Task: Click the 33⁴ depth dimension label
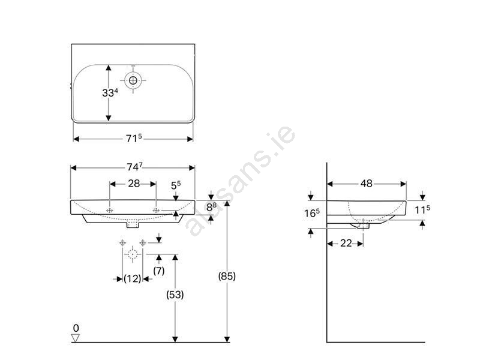point(110,92)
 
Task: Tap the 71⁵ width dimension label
point(134,139)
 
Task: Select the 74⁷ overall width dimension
point(134,167)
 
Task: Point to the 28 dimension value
point(134,184)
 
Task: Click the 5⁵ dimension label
point(176,185)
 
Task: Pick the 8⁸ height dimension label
point(212,207)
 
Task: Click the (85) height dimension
point(227,276)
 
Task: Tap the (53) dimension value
point(175,295)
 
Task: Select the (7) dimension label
point(158,271)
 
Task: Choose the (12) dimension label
point(133,278)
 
